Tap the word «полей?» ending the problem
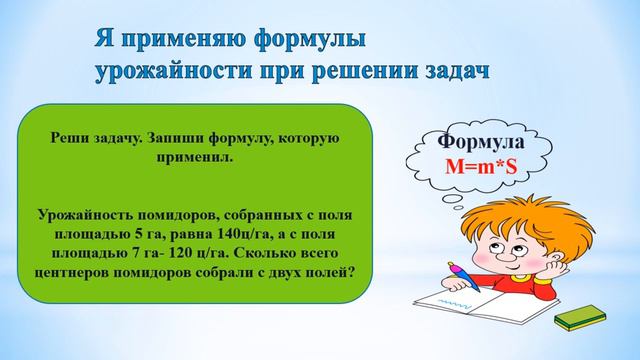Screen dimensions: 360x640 [x=335, y=268]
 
